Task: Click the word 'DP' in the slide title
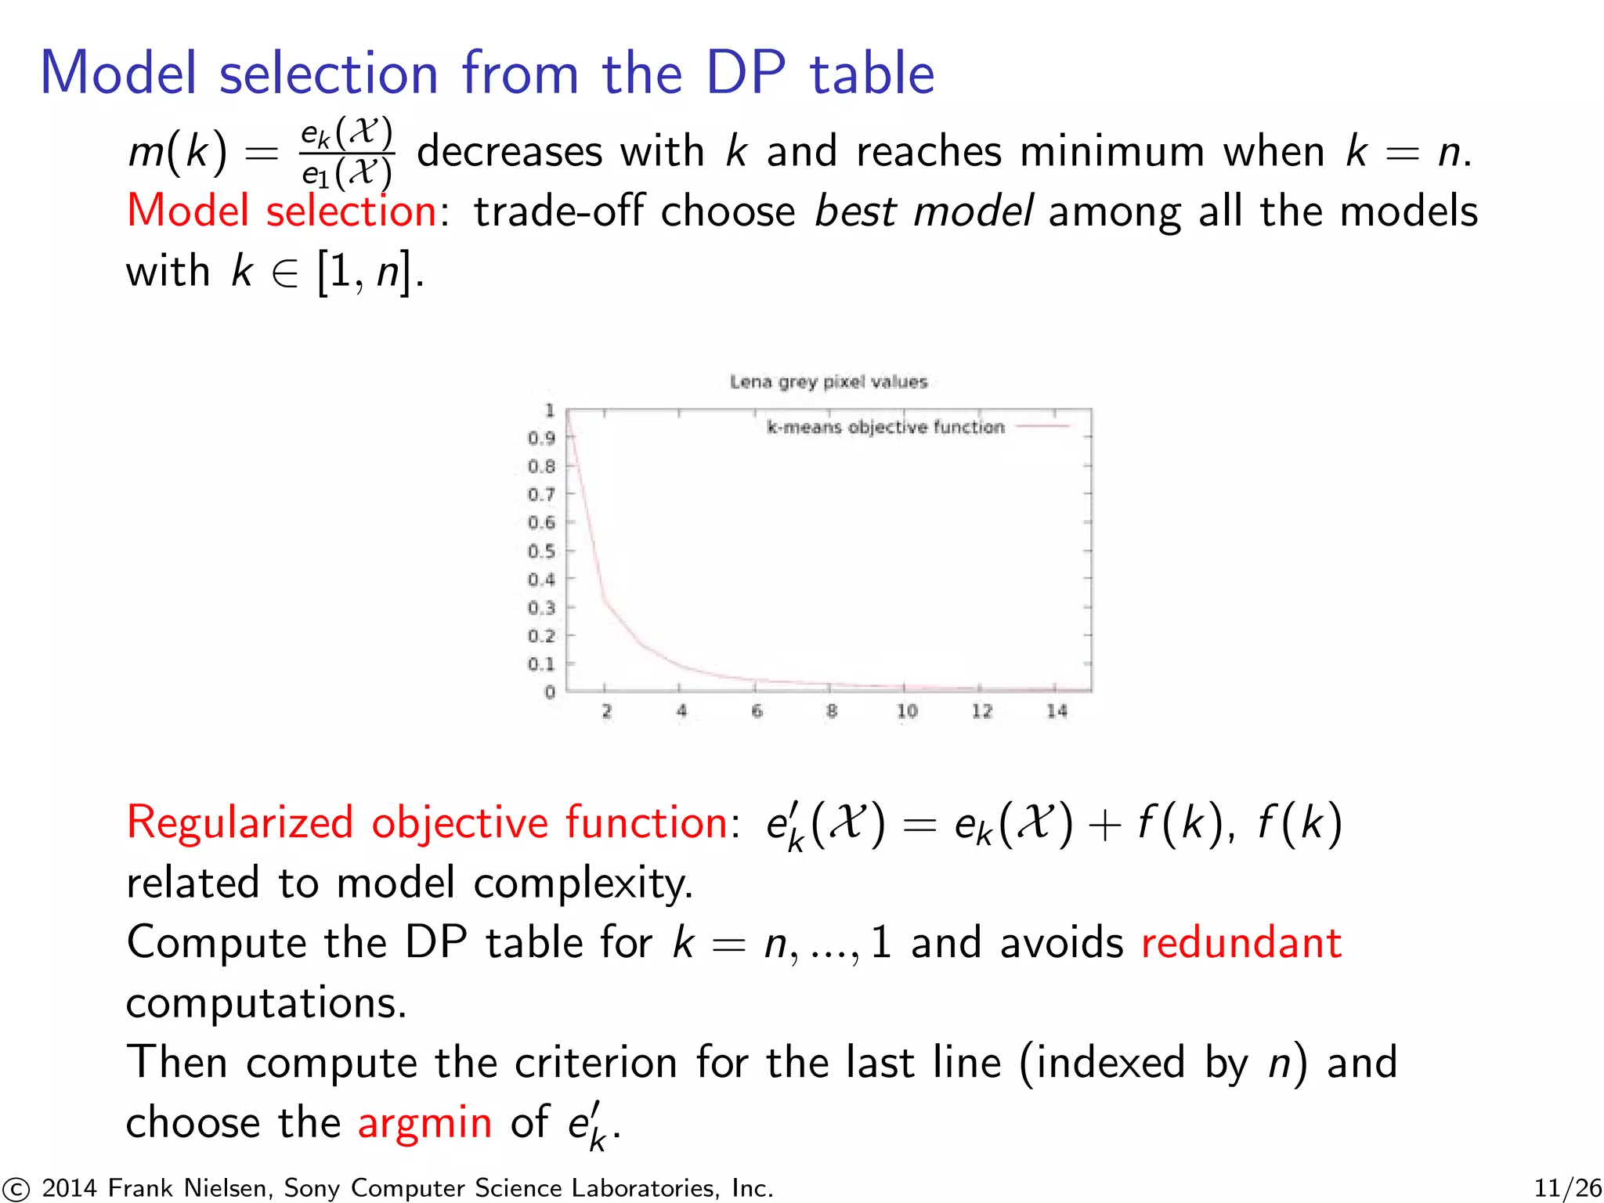point(745,73)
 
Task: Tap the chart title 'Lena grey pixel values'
point(829,381)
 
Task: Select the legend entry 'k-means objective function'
point(885,427)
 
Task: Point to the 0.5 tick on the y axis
point(541,551)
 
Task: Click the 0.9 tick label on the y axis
point(541,438)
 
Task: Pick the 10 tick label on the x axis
point(907,711)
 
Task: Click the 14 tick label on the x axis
point(1057,711)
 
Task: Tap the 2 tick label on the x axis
point(606,711)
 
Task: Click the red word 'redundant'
point(1241,942)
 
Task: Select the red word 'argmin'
point(424,1122)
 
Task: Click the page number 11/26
point(1567,1188)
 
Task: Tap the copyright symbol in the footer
point(16,1189)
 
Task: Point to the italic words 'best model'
point(923,211)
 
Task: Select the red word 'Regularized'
point(240,823)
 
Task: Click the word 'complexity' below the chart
point(583,883)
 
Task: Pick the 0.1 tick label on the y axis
point(541,664)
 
